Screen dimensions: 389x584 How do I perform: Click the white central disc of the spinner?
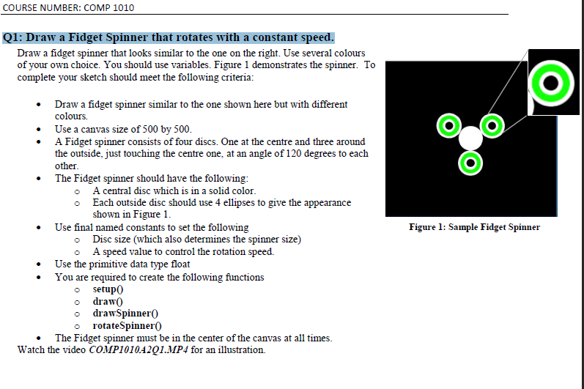tap(470, 138)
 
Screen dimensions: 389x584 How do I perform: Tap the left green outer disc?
tap(447, 125)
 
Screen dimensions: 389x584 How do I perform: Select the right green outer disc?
tap(493, 125)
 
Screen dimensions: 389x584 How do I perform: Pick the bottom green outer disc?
tap(470, 162)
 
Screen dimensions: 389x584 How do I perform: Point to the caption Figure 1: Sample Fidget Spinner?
tap(474, 227)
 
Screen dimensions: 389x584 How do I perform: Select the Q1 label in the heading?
tap(14, 37)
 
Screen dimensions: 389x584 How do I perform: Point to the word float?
tap(180, 264)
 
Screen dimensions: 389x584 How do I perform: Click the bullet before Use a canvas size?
tap(38, 130)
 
